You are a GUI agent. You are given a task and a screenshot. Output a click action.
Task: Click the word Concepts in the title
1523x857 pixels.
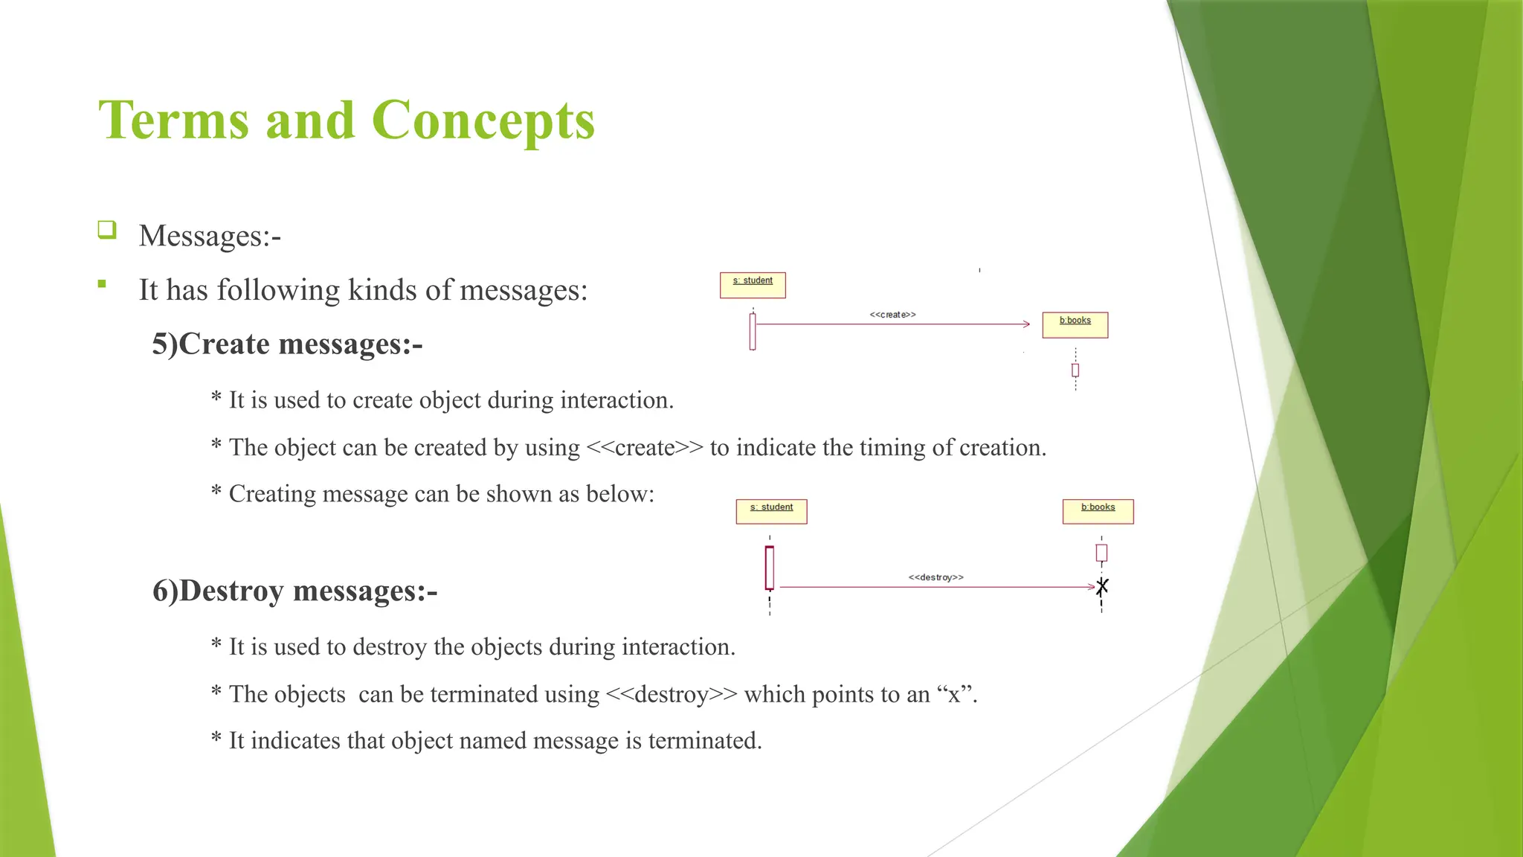(483, 121)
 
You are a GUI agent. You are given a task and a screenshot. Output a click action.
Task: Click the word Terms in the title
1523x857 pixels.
(174, 121)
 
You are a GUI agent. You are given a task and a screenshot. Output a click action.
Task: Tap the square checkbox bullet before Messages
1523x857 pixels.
(107, 229)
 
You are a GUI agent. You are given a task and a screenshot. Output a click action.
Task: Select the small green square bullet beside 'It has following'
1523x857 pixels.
(102, 283)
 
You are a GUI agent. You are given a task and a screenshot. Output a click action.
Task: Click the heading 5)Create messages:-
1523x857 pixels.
(287, 344)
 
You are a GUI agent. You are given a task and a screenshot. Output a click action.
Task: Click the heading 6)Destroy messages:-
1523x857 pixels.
(294, 591)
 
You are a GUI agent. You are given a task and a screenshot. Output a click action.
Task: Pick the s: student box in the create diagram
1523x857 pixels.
(753, 285)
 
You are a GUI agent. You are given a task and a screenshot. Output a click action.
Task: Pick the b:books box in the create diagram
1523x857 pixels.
(1075, 324)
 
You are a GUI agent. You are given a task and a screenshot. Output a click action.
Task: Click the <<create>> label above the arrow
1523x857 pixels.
(892, 315)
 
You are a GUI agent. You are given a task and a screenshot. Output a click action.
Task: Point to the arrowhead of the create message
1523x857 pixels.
(1026, 324)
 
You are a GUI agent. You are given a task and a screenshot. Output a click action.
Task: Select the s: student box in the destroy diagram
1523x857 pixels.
(771, 511)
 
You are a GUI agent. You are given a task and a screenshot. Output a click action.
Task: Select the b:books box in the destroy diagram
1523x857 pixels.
(1098, 511)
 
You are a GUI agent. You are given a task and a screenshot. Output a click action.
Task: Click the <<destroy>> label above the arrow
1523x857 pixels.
(936, 577)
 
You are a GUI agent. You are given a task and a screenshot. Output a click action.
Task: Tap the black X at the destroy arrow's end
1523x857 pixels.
(1102, 587)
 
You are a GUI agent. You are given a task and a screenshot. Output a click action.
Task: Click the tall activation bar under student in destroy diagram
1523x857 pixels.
(770, 568)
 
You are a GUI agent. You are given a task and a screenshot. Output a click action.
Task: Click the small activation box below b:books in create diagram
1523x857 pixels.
(1075, 370)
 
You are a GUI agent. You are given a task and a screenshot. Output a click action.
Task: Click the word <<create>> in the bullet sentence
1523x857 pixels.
(644, 448)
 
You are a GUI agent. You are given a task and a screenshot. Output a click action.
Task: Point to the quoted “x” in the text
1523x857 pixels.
(954, 695)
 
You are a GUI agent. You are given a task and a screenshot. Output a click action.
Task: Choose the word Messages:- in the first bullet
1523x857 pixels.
(210, 236)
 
